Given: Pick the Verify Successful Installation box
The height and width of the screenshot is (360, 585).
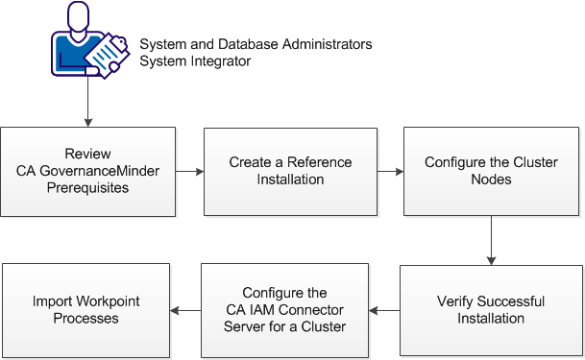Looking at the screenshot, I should [x=491, y=309].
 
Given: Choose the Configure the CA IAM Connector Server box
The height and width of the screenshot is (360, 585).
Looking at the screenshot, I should [x=285, y=309].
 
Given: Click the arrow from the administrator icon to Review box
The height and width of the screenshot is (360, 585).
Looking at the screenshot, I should [x=88, y=104].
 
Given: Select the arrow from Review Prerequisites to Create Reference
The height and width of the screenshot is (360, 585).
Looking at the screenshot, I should [x=190, y=171].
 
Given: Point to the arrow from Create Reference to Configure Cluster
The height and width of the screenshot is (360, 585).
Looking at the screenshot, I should [x=390, y=171].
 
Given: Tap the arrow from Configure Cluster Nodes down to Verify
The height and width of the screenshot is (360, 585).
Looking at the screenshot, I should [x=491, y=239].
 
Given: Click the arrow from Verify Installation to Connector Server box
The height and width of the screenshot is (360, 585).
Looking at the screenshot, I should [x=385, y=310].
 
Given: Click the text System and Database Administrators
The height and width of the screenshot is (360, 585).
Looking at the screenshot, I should [x=256, y=45].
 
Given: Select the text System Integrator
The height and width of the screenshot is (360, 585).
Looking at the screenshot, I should [x=195, y=62].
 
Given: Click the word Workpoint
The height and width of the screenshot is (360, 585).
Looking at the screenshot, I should [x=102, y=301].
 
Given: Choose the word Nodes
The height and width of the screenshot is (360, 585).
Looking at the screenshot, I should [x=491, y=179].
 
